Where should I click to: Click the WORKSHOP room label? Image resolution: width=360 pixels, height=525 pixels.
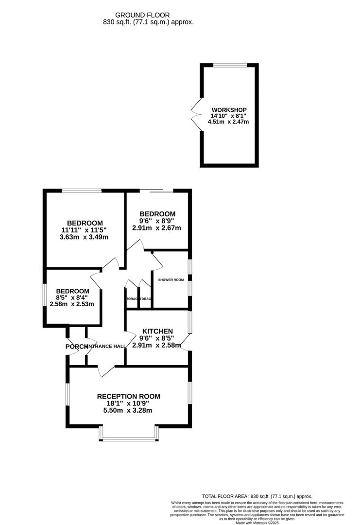pyautogui.click(x=229, y=109)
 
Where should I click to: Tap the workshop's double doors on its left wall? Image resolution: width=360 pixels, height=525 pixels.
pyautogui.click(x=196, y=115)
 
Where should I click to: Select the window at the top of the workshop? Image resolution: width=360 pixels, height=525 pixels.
pyautogui.click(x=230, y=65)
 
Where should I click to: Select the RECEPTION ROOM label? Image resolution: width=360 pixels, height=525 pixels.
pyautogui.click(x=128, y=396)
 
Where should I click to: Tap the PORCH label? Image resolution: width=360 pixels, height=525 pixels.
pyautogui.click(x=75, y=346)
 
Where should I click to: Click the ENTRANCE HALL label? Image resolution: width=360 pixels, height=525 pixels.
pyautogui.click(x=106, y=346)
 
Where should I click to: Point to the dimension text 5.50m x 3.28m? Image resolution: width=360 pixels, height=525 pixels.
pyautogui.click(x=128, y=410)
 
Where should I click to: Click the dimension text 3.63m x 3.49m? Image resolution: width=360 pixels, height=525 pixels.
pyautogui.click(x=85, y=237)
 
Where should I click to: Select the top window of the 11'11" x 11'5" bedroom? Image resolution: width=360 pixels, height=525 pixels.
pyautogui.click(x=82, y=190)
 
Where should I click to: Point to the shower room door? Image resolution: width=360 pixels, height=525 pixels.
pyautogui.click(x=157, y=262)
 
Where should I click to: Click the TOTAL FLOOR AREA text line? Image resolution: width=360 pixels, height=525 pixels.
pyautogui.click(x=257, y=495)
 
